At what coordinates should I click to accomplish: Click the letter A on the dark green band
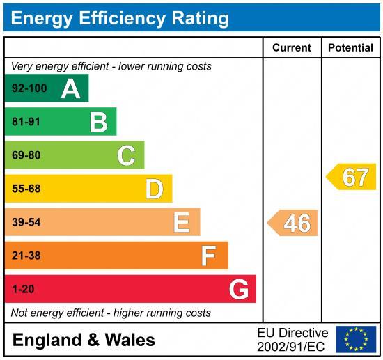tap(70, 88)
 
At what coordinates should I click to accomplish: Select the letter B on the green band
tap(98, 122)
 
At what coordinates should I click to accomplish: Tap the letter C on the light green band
tap(126, 155)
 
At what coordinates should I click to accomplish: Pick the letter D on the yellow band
tap(154, 189)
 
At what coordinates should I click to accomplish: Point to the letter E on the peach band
tap(181, 222)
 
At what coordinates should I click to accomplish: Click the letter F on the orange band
tap(208, 256)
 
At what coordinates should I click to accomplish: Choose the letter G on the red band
tap(238, 289)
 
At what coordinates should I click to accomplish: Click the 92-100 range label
tap(29, 88)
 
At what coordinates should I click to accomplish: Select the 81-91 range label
tap(26, 122)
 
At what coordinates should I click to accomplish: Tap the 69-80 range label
tap(26, 155)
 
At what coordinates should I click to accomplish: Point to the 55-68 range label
tap(26, 189)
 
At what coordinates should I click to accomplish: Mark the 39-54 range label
tap(26, 222)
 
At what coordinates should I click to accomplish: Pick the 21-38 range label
tap(26, 256)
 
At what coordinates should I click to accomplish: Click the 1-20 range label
tap(23, 289)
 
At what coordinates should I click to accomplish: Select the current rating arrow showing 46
tap(294, 223)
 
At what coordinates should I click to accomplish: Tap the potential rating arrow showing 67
tap(352, 177)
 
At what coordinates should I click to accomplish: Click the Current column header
tap(291, 48)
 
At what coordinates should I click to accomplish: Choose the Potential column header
tap(350, 48)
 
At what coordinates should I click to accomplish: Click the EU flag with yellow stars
tap(356, 339)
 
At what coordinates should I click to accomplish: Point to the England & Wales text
tap(84, 341)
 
